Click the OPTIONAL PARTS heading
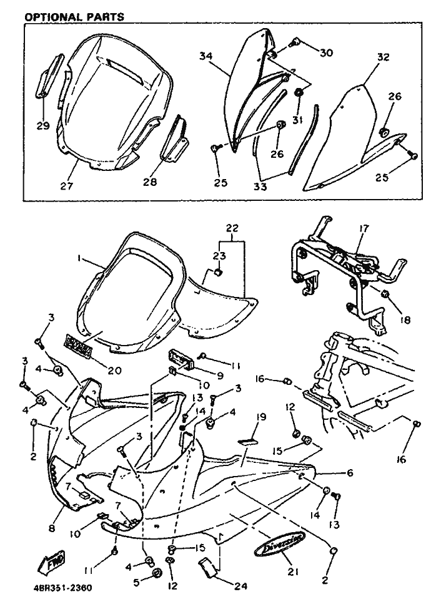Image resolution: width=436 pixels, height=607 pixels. (74, 16)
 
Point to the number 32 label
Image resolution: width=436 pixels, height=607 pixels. (383, 57)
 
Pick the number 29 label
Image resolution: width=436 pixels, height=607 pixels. (42, 126)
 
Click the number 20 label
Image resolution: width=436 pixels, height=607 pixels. (114, 370)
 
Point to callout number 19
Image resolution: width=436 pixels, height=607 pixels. (260, 415)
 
